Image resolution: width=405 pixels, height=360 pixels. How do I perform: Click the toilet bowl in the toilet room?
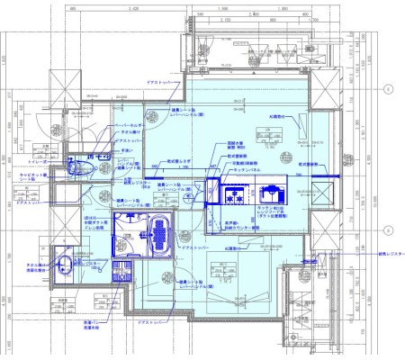pos(77,167)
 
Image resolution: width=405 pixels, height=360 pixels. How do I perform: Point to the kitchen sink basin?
pos(270,191)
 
